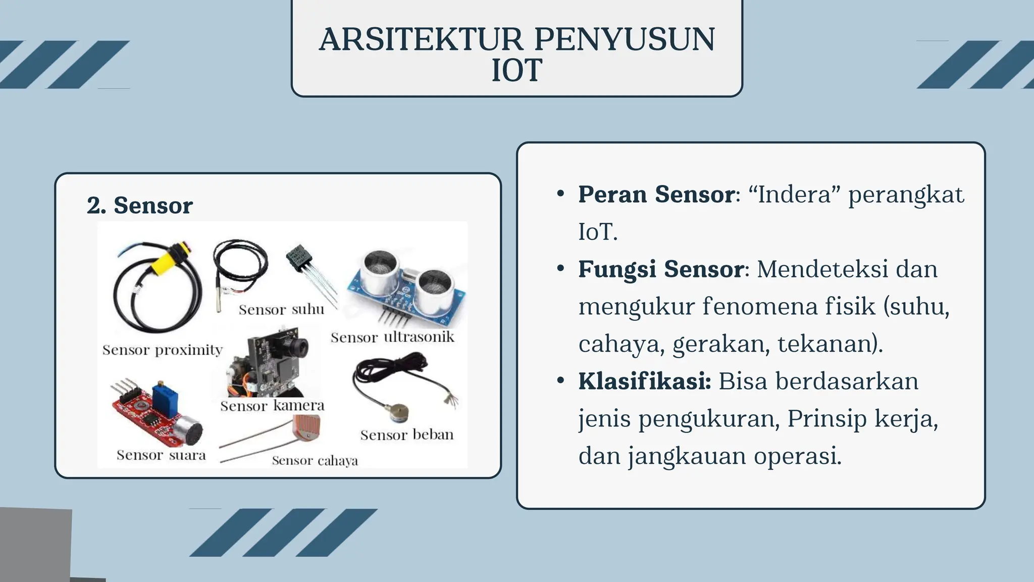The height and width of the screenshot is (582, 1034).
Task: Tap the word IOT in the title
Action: point(516,70)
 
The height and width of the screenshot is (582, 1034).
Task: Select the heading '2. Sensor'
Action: point(140,206)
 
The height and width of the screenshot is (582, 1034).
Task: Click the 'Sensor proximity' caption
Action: point(162,350)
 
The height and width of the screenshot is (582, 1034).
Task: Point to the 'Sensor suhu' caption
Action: point(281,309)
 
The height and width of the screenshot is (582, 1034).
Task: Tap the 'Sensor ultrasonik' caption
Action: point(392,337)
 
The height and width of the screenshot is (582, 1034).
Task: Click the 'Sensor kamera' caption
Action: point(272,406)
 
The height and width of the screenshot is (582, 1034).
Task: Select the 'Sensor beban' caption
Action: point(407,434)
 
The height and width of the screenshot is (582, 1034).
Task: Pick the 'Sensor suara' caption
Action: point(161,455)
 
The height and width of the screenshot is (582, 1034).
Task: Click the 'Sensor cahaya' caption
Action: point(315,461)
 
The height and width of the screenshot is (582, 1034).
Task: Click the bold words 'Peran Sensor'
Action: point(656,195)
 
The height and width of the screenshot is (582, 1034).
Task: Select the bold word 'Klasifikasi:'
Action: point(645,381)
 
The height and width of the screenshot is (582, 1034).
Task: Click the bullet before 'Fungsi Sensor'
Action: point(560,269)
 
